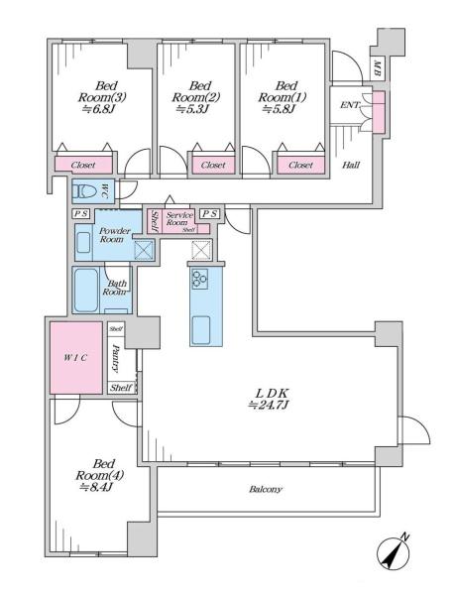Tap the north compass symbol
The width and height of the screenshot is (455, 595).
[395, 551]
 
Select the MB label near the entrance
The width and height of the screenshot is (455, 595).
[378, 68]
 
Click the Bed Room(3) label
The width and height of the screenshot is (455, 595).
[102, 91]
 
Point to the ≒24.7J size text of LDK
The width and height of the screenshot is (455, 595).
[269, 406]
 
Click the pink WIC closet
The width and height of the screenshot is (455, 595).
[76, 357]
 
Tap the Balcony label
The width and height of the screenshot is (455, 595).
[266, 489]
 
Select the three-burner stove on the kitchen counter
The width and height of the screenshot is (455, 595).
[200, 279]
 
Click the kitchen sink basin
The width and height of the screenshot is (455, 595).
[201, 330]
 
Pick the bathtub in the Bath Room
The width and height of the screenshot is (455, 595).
[86, 290]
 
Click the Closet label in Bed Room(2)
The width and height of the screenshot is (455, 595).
[213, 165]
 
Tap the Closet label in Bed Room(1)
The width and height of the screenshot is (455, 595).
[300, 165]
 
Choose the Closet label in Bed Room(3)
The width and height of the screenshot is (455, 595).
[83, 165]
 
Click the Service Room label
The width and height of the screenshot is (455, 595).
[179, 218]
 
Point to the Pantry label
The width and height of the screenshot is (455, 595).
[116, 358]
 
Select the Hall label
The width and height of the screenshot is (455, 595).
[351, 165]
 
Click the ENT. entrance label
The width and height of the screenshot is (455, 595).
[350, 105]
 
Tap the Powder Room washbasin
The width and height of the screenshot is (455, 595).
[83, 243]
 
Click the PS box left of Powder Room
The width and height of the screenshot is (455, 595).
[81, 214]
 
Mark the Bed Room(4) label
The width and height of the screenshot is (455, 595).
[100, 475]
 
